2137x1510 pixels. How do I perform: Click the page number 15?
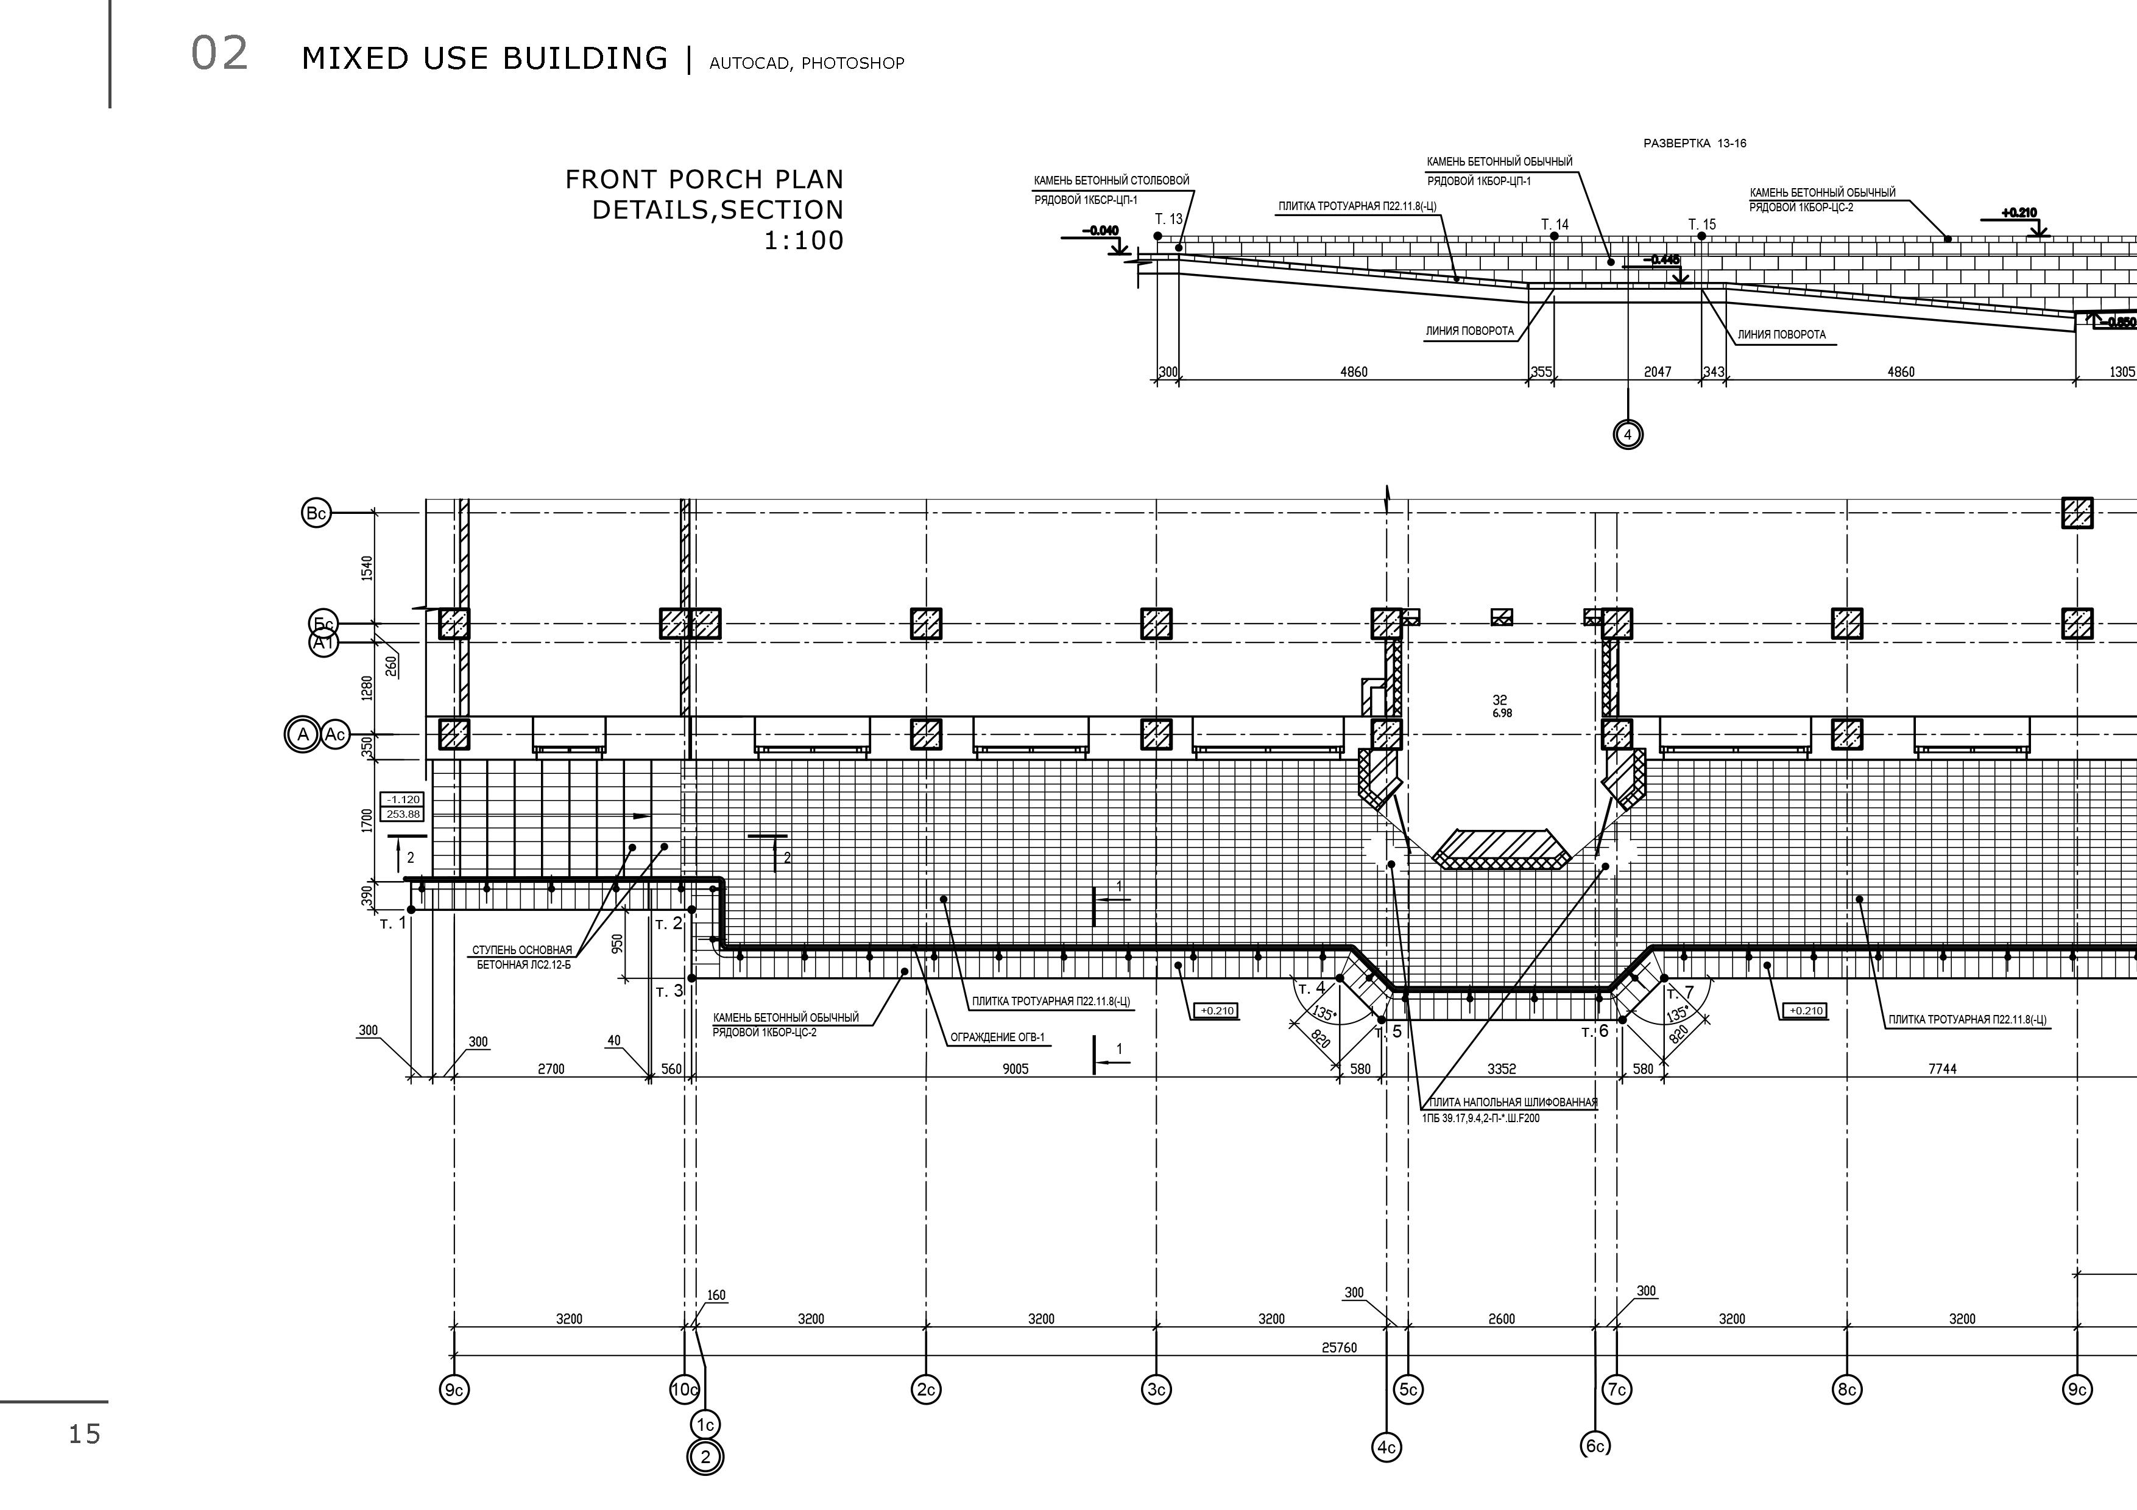coord(84,1434)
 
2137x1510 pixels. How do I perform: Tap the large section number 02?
coord(220,54)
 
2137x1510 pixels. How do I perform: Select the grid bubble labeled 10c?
coord(684,1390)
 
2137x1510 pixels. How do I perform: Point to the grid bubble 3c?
coord(1156,1390)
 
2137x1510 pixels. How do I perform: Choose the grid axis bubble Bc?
coord(316,513)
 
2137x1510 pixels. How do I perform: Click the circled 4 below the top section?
coord(1628,435)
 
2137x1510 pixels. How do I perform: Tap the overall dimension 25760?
coord(1338,1347)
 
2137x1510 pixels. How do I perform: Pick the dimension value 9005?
coord(1016,1069)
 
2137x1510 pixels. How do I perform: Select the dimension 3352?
coord(1501,1069)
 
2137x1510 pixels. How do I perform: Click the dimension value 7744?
coord(1941,1069)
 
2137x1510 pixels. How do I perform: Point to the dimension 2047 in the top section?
coord(1657,372)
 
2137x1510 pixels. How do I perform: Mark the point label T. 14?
coord(1555,224)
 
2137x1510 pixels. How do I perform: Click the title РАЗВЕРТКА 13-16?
coord(1695,143)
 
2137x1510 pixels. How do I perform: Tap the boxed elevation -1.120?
coord(403,799)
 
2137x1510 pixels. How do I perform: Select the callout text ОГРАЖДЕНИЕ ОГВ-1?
coord(998,1038)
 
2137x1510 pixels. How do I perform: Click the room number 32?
coord(1499,700)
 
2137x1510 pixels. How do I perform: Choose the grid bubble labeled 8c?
coord(1846,1390)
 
